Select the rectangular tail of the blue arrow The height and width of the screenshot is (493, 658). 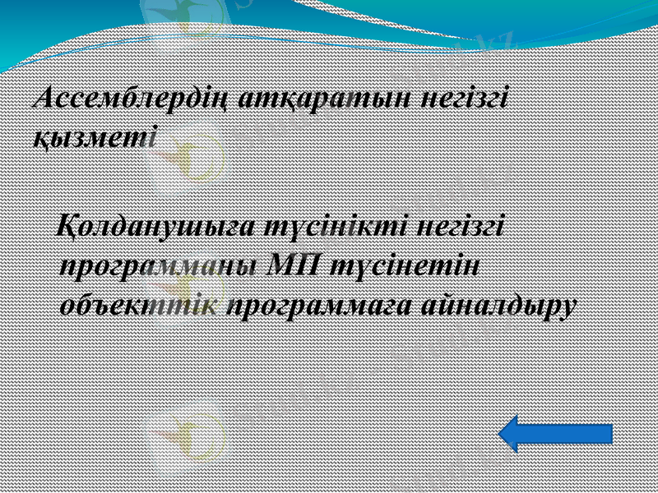pyautogui.click(x=576, y=433)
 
